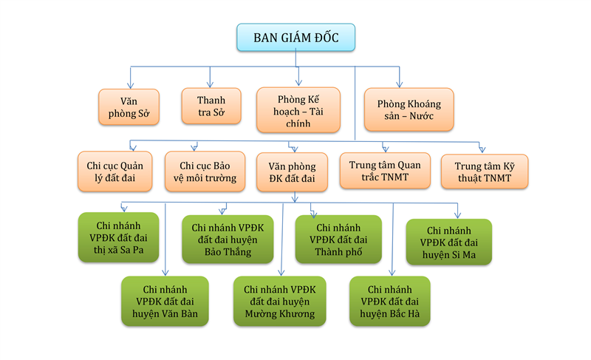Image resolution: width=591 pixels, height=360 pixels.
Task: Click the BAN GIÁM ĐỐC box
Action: (296, 38)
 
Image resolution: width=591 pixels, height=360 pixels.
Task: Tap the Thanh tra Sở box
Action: (211, 106)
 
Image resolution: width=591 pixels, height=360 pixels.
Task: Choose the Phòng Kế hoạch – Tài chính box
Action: (298, 109)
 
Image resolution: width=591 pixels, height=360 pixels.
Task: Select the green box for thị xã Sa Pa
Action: (117, 237)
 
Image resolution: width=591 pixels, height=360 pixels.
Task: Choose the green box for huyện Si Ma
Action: (449, 242)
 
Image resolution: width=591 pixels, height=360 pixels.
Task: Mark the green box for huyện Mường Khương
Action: (280, 301)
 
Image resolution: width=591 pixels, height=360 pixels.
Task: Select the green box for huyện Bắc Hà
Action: (389, 301)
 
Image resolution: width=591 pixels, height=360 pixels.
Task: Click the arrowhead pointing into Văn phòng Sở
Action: (130, 84)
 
